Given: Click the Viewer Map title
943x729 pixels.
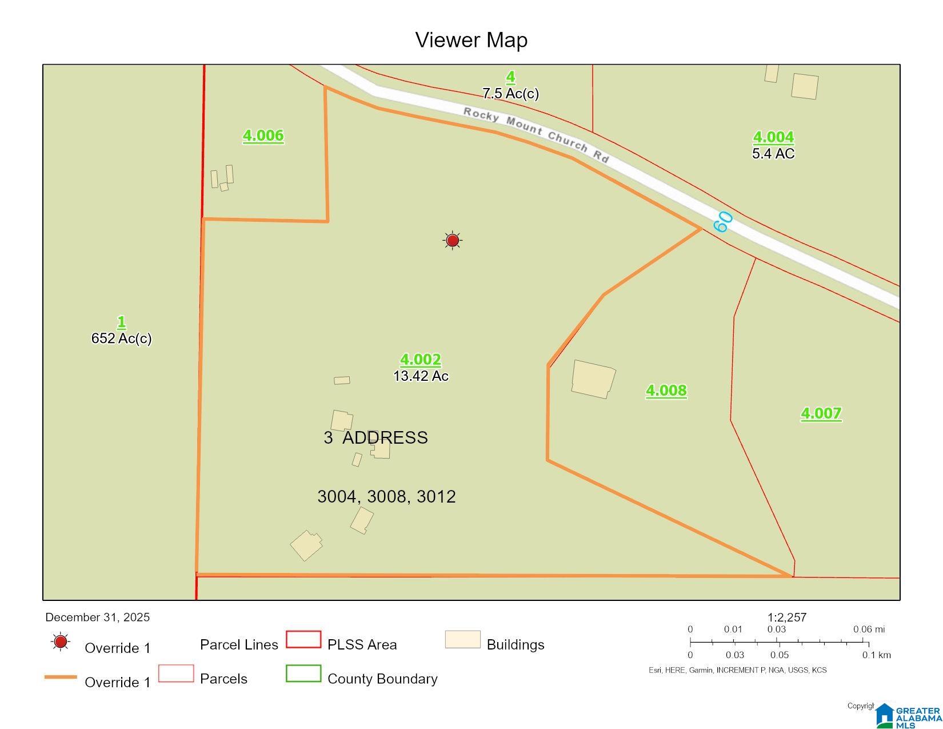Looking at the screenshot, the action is click(471, 40).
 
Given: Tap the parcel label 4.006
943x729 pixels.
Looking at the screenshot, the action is click(263, 136).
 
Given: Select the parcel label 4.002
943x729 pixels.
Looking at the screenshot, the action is click(420, 360).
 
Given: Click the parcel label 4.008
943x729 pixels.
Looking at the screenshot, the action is click(666, 391).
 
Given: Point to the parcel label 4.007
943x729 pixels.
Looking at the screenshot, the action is click(821, 413).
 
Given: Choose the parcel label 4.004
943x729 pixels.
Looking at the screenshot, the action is click(773, 137).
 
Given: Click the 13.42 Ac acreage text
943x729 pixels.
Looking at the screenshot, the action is click(421, 376).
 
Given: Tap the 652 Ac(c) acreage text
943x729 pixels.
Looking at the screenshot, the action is click(121, 338).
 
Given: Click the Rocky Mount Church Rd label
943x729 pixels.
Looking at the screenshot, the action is click(536, 134).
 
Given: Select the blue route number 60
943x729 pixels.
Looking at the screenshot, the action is click(723, 221).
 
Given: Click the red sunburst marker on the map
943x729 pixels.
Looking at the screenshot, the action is click(453, 240).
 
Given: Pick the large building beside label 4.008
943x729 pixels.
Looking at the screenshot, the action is click(593, 379).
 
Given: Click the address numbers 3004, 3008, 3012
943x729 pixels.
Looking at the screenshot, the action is click(386, 496).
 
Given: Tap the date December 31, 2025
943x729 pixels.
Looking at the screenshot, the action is click(97, 618).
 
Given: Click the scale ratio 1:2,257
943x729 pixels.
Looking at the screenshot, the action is click(786, 618).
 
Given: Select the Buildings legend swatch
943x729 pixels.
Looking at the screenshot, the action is click(462, 640).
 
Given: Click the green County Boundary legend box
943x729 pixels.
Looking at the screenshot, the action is click(303, 674).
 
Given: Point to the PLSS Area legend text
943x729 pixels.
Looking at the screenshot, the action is click(362, 645).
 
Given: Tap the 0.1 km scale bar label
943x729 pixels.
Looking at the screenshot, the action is click(876, 655).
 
